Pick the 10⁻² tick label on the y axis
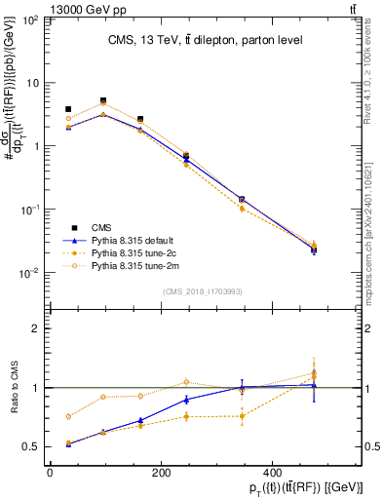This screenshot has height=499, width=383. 29,273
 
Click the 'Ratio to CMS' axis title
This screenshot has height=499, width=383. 14,388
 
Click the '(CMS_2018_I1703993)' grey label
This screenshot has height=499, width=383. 202,290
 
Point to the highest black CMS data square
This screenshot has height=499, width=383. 103,100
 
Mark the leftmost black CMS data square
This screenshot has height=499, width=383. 67,109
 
